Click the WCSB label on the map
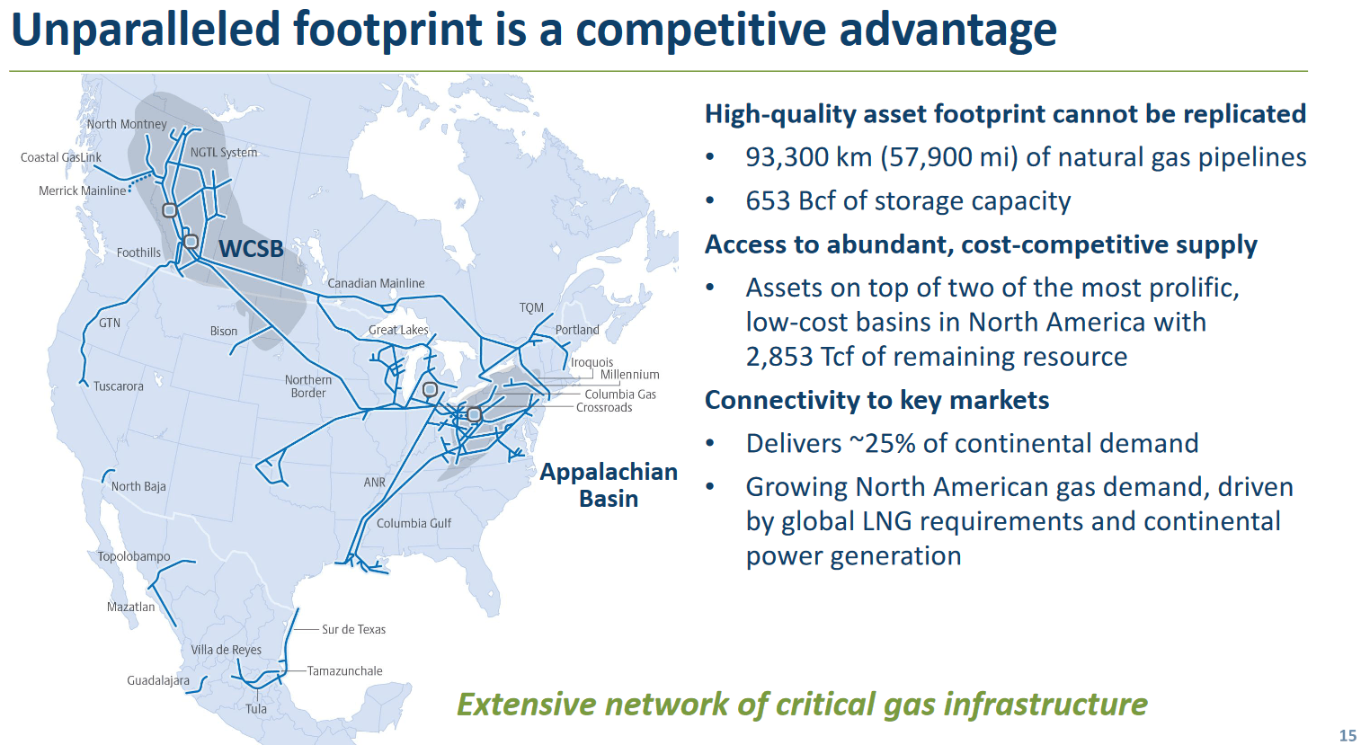click(251, 249)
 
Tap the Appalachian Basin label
click(609, 485)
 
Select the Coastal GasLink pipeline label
click(61, 157)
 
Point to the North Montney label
click(127, 124)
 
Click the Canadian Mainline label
click(376, 283)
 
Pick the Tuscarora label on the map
click(119, 386)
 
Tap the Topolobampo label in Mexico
click(134, 556)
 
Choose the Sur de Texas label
click(353, 629)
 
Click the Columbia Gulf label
click(414, 523)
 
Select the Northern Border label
click(308, 386)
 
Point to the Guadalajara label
click(158, 680)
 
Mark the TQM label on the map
click(531, 307)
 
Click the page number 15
click(1348, 735)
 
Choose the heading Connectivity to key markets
click(876, 400)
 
